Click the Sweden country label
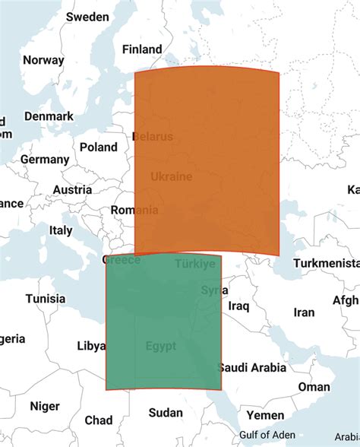[x=87, y=17]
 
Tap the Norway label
[x=43, y=61]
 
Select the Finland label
[x=142, y=49]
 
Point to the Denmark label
[x=49, y=116]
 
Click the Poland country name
[x=99, y=147]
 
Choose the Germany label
[x=45, y=160]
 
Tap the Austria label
[x=72, y=190]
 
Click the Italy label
[x=61, y=230]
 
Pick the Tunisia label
[x=46, y=299]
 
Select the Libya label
[x=91, y=346]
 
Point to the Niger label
[x=44, y=406]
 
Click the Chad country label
[x=99, y=420]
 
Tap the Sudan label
[x=165, y=413]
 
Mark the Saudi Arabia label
[x=252, y=368]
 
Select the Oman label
[x=314, y=387]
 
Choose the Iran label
[x=304, y=312]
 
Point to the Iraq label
[x=238, y=306]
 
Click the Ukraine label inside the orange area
[x=171, y=176]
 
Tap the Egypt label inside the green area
[x=161, y=346]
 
